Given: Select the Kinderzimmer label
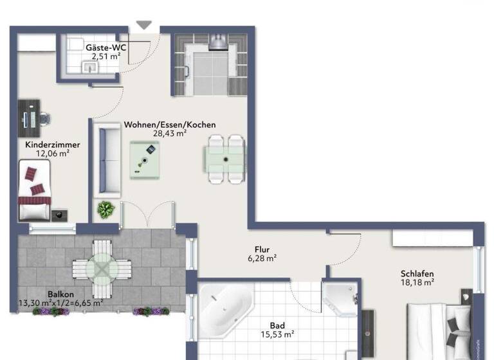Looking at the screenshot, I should [x=52, y=145].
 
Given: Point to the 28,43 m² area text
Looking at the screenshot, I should [x=169, y=134].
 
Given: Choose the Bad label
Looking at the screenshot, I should [x=278, y=325].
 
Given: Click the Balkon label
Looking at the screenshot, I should [x=60, y=294].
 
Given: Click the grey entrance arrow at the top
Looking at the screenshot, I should [x=143, y=25].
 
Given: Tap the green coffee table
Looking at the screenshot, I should [x=145, y=159].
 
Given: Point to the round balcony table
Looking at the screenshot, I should [x=100, y=266].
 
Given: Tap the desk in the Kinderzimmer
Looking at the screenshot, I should [x=26, y=119].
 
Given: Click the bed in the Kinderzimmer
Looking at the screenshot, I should [x=36, y=190].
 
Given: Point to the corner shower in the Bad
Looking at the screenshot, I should [x=338, y=297].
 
